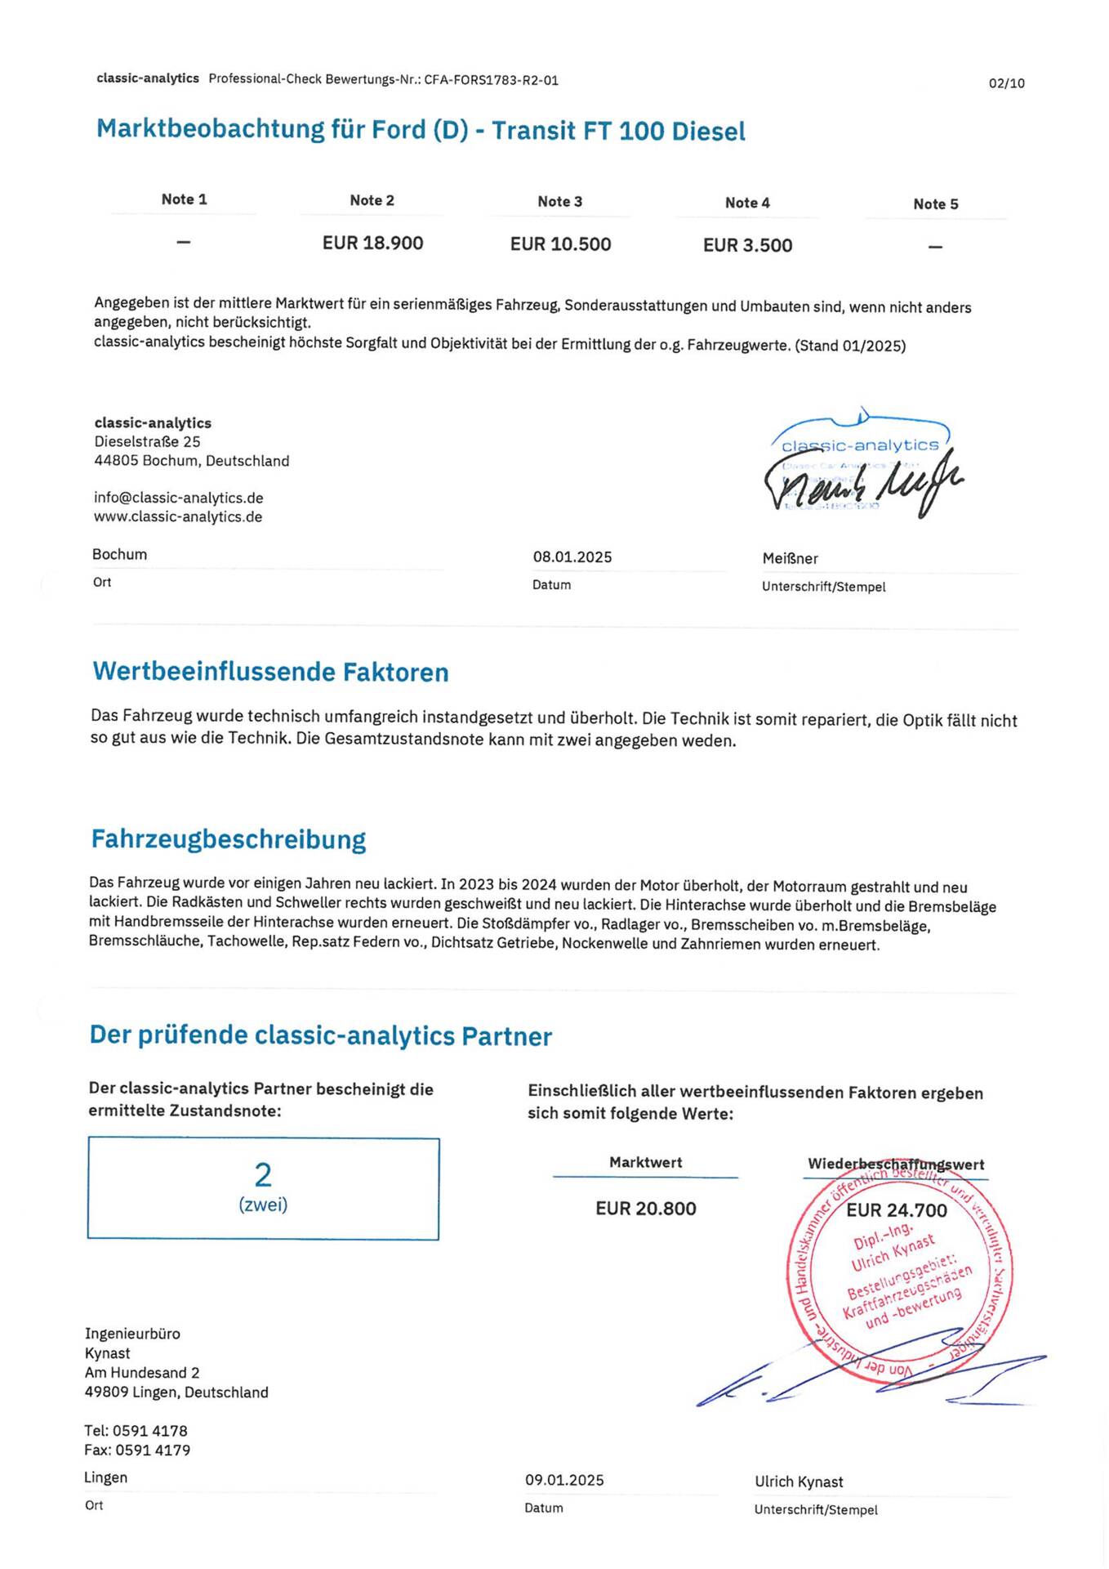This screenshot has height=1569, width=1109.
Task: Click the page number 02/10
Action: click(1006, 83)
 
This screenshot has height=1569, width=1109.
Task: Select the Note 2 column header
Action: click(372, 201)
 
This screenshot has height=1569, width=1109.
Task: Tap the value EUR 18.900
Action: click(372, 244)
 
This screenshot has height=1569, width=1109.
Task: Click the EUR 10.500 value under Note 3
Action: click(560, 244)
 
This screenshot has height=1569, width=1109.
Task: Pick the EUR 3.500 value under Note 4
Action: click(747, 246)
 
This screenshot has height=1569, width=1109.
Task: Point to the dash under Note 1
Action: click(184, 242)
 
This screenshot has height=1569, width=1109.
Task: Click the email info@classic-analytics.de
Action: click(178, 498)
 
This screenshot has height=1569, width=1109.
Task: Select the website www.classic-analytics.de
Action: click(177, 516)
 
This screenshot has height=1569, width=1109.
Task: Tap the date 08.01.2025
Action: click(572, 557)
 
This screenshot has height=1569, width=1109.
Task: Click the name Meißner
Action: click(790, 559)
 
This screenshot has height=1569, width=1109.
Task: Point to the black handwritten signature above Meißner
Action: click(862, 485)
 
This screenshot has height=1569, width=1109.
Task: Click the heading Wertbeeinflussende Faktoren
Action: click(270, 672)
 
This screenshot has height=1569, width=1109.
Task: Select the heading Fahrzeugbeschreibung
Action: click(229, 839)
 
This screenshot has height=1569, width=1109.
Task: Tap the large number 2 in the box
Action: click(263, 1175)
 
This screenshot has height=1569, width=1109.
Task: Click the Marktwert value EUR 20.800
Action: click(645, 1209)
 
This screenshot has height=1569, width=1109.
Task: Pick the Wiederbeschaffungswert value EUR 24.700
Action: click(896, 1210)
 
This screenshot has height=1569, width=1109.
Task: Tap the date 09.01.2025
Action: click(564, 1480)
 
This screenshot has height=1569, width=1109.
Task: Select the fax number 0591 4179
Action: click(153, 1451)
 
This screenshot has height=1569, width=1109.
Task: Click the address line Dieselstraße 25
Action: click(147, 442)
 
